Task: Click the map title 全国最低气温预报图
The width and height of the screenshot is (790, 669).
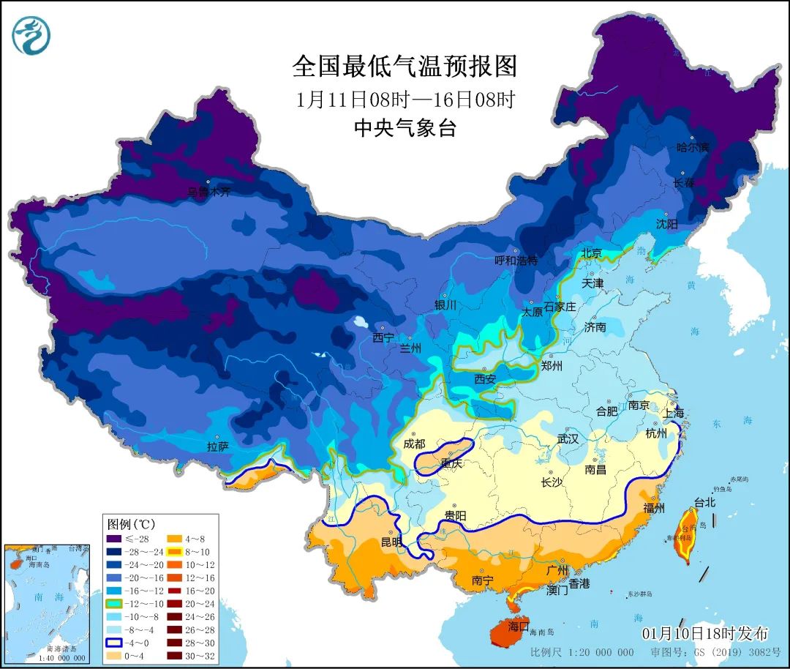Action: pos(405,67)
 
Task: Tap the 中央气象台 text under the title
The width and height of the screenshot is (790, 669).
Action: pos(405,128)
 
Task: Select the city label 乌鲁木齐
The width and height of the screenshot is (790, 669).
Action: pos(208,193)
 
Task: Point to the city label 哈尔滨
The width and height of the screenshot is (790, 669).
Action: pos(692,147)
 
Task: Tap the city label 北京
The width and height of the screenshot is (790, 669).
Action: pos(591,253)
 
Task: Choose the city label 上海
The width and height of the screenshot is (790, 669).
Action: pos(674,413)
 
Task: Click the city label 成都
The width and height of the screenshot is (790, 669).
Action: pos(414,444)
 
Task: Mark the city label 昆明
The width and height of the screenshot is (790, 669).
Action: pos(391,542)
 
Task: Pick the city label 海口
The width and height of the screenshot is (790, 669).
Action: pos(519,627)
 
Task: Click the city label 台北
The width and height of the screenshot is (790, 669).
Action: pos(705,503)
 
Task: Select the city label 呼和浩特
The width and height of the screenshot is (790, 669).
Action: pos(516,260)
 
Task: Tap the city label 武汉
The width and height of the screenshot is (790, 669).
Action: pos(568,439)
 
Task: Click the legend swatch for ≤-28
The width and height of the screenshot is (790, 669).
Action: pos(113,539)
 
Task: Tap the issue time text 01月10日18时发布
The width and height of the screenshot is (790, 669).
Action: pos(705,633)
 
